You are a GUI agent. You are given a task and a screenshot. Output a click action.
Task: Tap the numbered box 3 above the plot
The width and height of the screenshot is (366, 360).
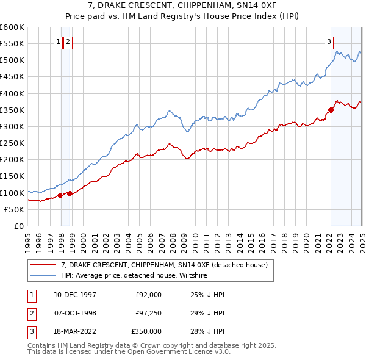pyautogui.click(x=329, y=42)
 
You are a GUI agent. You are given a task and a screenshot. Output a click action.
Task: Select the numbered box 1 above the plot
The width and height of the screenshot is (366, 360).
pyautogui.click(x=58, y=42)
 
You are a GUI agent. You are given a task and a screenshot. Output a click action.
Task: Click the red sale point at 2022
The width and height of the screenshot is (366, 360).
pyautogui.click(x=331, y=110)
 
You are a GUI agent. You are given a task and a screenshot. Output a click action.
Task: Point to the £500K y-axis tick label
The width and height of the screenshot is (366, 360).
pyautogui.click(x=12, y=60)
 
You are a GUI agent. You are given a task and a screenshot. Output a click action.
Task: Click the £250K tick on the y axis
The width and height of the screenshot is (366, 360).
pyautogui.click(x=12, y=143)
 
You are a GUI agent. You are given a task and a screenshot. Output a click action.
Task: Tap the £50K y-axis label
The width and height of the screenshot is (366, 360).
pyautogui.click(x=14, y=209)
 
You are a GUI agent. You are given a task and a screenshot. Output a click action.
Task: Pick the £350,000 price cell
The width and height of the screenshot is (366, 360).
pyautogui.click(x=146, y=331)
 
